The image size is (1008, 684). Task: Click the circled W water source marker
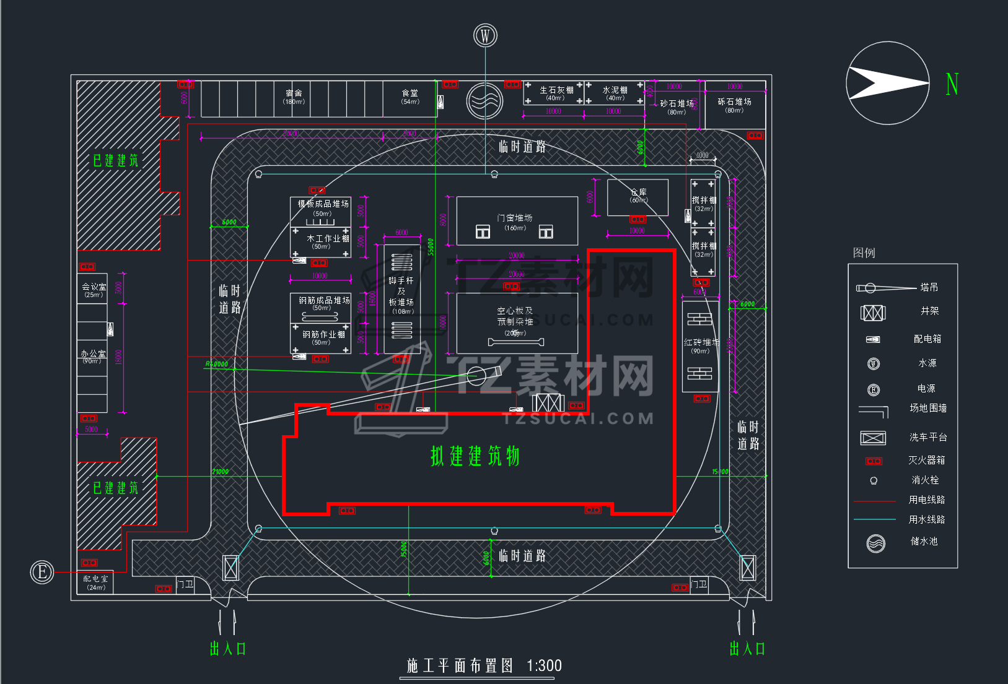tap(485, 36)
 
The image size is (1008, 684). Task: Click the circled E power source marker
tap(42, 571)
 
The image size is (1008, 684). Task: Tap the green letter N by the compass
tap(952, 84)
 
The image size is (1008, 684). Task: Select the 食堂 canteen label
tap(410, 93)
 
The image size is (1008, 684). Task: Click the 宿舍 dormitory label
tap(294, 93)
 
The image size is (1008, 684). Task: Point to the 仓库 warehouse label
tap(638, 192)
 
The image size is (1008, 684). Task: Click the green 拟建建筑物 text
tap(475, 456)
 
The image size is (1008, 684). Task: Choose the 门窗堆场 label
tap(514, 218)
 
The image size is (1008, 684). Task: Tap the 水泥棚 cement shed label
tap(615, 90)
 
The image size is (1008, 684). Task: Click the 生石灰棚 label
tap(556, 90)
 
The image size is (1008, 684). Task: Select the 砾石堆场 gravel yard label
tap(734, 102)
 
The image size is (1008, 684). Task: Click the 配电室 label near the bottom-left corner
tap(95, 579)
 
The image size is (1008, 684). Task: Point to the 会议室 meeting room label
tap(94, 287)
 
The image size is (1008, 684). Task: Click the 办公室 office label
tap(93, 353)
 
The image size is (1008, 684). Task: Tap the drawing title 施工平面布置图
tap(460, 666)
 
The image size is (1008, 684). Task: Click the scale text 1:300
tap(544, 666)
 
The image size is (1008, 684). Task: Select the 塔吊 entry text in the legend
tap(929, 287)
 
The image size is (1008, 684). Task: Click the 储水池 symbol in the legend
tap(875, 543)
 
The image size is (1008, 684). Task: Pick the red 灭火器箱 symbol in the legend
tap(874, 461)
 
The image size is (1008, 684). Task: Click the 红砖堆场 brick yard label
tap(701, 342)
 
